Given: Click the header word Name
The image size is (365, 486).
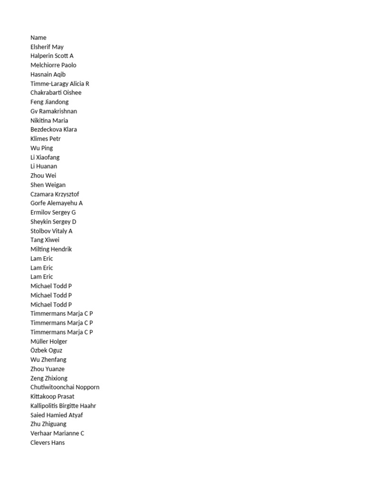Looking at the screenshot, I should click(x=38, y=37).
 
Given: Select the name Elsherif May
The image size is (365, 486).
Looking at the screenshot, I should click(x=47, y=47).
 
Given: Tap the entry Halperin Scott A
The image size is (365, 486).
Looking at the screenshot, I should click(x=52, y=56).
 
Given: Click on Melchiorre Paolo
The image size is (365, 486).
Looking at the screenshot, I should click(x=53, y=65).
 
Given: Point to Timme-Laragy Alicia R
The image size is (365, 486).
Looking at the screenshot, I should click(x=60, y=84).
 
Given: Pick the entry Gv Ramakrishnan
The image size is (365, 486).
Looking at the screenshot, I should click(x=54, y=111).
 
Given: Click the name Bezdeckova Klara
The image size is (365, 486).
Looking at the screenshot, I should click(x=54, y=129).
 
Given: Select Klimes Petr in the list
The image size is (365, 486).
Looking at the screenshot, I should click(x=46, y=139).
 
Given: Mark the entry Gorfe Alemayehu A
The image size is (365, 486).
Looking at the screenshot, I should click(x=57, y=203).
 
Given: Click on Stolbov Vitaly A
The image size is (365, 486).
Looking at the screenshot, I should click(x=51, y=231).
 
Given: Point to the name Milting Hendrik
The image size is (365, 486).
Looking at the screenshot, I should click(x=51, y=249).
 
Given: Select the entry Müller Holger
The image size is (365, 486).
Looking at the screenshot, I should click(x=49, y=341).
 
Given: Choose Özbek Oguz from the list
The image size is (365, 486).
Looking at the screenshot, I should click(x=46, y=350).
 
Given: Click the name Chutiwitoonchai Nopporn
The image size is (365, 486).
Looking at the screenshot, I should click(x=65, y=387).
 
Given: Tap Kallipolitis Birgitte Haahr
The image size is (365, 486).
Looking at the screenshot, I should click(x=63, y=406).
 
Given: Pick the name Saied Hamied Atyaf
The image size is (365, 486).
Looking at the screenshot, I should click(x=56, y=415).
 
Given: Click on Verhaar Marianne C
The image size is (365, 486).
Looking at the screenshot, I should click(x=58, y=433).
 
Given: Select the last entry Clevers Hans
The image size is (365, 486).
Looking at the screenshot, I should click(x=48, y=443).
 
